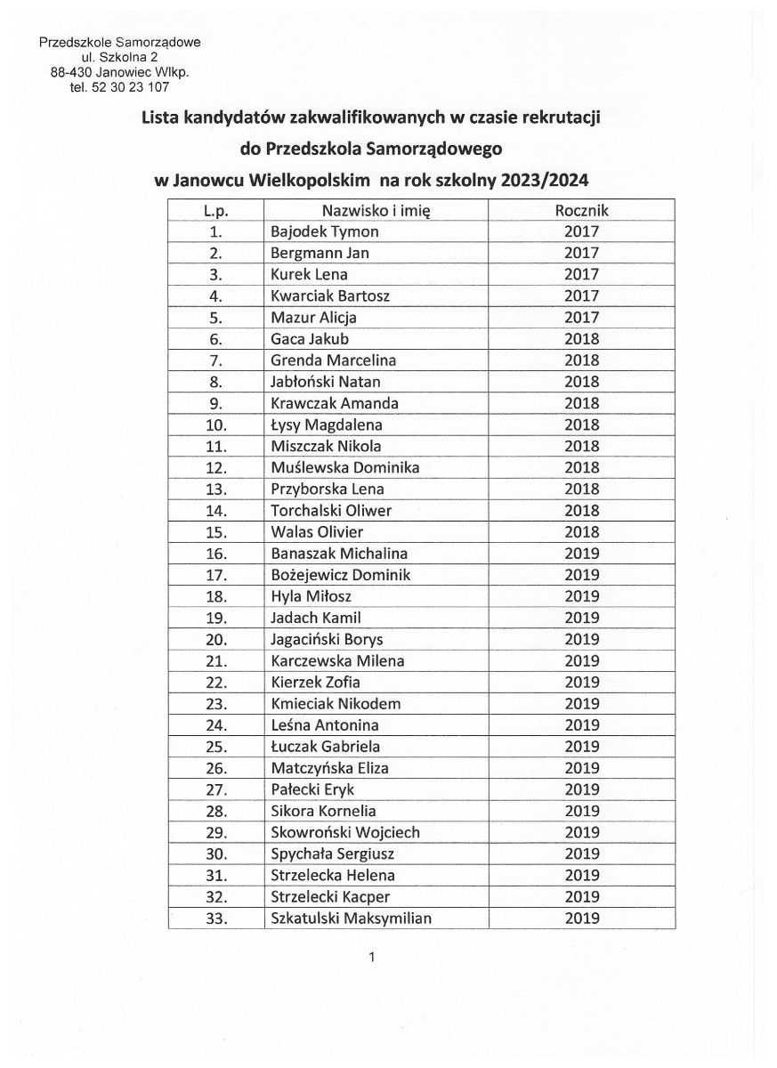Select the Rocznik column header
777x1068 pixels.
tap(581, 210)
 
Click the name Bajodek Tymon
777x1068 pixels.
tap(325, 231)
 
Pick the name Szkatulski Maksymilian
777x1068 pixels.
tap(351, 918)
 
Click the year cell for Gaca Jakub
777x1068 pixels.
tap(581, 338)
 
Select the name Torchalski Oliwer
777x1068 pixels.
tap(331, 510)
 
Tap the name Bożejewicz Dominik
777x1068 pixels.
tap(340, 575)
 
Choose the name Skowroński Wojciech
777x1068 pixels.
tap(345, 832)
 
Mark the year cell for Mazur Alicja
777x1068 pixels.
tap(581, 317)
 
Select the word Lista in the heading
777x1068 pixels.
tap(161, 117)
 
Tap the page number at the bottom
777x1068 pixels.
tap(372, 958)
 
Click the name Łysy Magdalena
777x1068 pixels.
tap(327, 425)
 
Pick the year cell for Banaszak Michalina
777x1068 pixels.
tap(581, 554)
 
